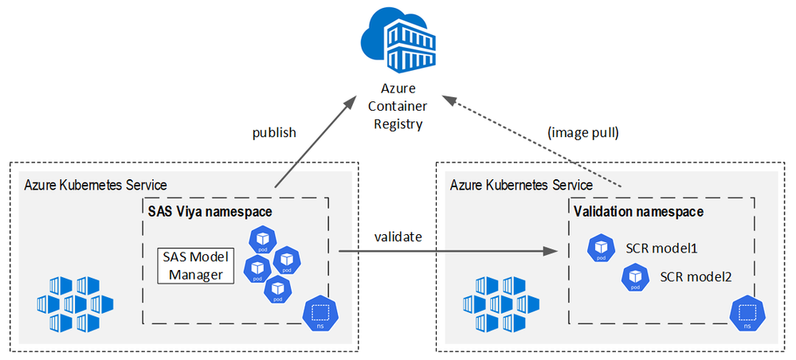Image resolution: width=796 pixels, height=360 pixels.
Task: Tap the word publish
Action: (x=274, y=132)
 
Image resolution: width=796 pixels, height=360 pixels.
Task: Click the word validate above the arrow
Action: (x=399, y=237)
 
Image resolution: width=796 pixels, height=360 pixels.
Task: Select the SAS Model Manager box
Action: (x=195, y=266)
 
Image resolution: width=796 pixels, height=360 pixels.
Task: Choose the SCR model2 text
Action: (x=696, y=276)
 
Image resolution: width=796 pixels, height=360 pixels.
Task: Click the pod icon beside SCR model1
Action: (x=599, y=248)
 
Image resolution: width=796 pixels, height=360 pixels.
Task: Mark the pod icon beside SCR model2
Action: (x=634, y=276)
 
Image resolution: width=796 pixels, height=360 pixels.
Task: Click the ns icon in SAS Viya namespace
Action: (x=319, y=313)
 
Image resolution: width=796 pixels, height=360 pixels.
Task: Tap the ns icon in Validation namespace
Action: (x=747, y=313)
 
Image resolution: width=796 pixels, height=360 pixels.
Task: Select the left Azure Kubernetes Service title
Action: (x=96, y=185)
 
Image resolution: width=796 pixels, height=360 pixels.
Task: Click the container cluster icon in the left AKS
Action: (x=76, y=303)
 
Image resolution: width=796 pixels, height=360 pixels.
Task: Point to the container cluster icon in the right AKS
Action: (x=502, y=303)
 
